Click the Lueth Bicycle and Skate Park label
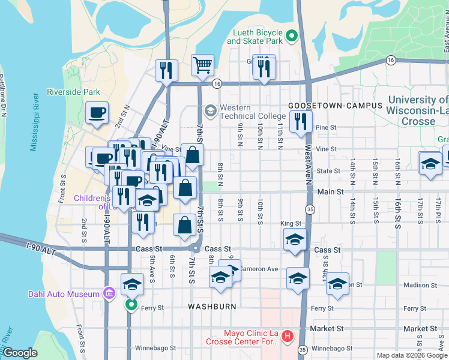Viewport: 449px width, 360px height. pos(255,37)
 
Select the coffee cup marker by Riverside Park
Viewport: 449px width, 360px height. pos(97,113)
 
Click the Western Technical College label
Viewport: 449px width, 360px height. pos(252,112)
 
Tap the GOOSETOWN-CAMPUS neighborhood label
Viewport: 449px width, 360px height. pos(336,105)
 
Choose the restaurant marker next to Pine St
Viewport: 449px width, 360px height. pos(300,122)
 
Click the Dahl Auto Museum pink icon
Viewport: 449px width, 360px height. pos(109,293)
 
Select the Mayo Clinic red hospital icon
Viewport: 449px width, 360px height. pos(287,335)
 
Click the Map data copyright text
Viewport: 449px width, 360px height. pos(411,355)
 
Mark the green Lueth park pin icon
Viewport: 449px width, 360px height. pos(292,37)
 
